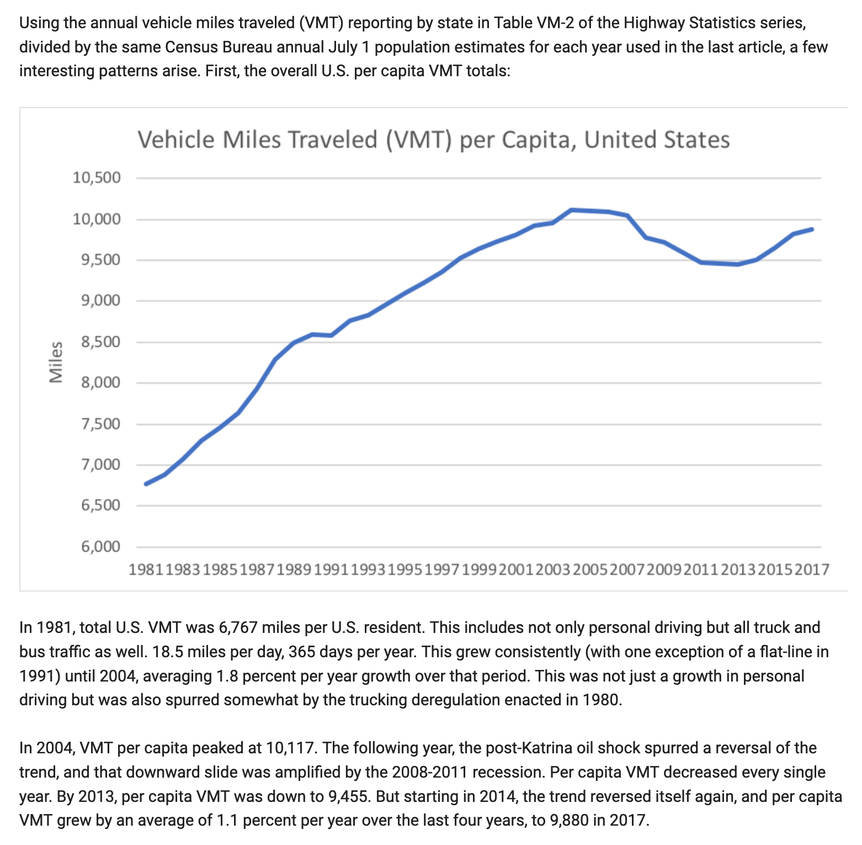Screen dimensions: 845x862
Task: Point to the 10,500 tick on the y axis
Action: (x=97, y=178)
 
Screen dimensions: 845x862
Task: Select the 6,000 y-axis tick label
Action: (x=100, y=547)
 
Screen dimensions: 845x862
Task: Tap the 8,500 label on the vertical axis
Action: (x=100, y=342)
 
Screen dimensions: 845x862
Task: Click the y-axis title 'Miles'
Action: (x=56, y=362)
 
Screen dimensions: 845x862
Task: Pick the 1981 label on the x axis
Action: (x=146, y=569)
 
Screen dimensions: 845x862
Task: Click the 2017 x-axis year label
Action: (x=812, y=569)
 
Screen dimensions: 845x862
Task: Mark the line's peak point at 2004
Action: (x=572, y=210)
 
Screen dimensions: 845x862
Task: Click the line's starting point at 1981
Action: (x=146, y=484)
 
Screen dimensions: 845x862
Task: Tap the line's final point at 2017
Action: (x=812, y=229)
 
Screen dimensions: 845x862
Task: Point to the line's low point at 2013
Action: (x=738, y=264)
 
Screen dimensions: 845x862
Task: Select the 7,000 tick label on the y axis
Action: (x=100, y=465)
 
